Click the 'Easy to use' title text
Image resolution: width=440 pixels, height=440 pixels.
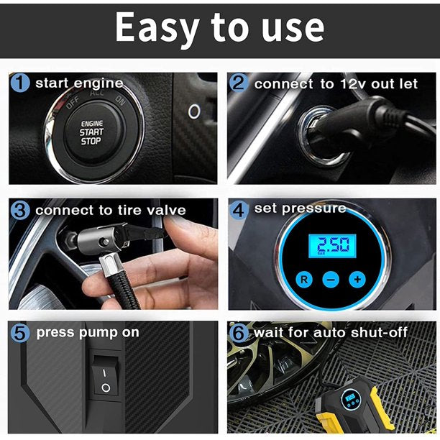pos(219,29)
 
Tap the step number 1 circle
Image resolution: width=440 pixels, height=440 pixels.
pos(21,83)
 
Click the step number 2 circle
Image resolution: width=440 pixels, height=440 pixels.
pos(239,83)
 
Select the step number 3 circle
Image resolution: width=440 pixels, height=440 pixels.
pos(21,210)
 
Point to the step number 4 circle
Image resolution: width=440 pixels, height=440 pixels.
pos(239,209)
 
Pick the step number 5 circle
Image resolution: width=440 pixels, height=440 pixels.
pos(21,333)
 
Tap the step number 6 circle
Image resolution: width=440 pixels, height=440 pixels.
pos(239,333)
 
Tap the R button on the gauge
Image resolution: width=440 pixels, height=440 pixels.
pos(304,278)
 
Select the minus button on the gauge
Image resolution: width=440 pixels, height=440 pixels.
pos(331,279)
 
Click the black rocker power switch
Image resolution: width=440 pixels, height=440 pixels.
pos(106,380)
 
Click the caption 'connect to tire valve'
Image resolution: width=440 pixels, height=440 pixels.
pos(110,211)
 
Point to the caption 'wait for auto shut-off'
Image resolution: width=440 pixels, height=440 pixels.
pos(330,333)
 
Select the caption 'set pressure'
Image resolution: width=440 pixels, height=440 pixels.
pos(300,208)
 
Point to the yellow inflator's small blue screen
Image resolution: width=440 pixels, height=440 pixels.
pos(351,397)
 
